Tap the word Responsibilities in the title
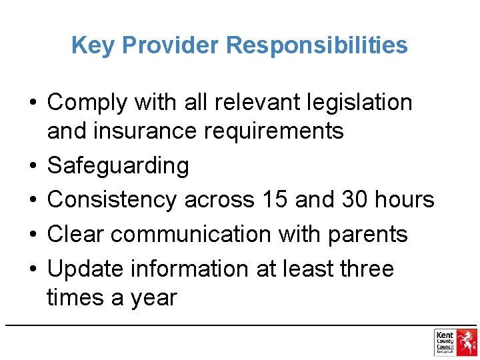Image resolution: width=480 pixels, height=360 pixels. tap(317, 45)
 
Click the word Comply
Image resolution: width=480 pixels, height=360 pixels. tap(87, 103)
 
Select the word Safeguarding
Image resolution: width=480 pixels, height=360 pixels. tap(118, 165)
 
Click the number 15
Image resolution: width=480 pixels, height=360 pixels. tap(273, 199)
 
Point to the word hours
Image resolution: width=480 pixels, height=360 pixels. tap(407, 199)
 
